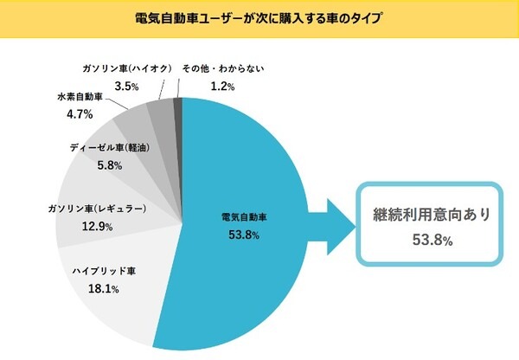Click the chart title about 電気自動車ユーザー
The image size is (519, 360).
coord(259,17)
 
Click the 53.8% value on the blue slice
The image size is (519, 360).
coord(242,235)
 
